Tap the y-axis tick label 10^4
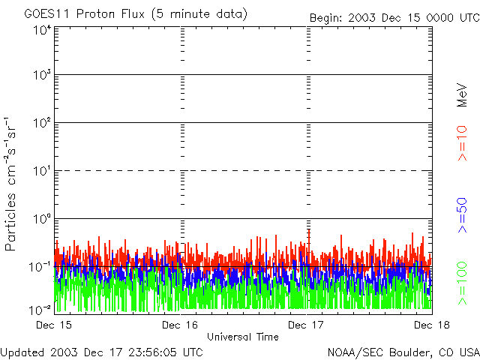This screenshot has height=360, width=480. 41,30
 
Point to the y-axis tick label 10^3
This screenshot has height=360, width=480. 41,76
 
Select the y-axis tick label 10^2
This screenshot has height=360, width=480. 41,123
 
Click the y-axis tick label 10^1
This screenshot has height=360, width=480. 41,171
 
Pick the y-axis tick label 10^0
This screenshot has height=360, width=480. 41,219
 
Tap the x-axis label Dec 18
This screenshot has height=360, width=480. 432,325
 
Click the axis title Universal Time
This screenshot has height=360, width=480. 243,337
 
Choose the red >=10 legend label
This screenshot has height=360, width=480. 463,144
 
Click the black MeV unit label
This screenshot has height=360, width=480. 463,95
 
